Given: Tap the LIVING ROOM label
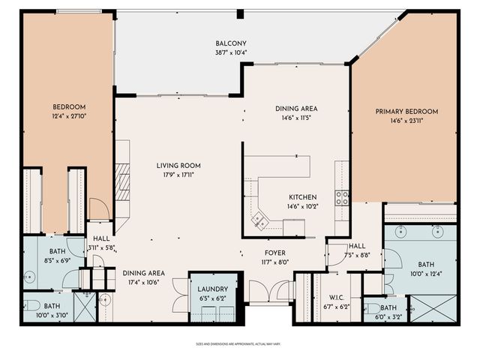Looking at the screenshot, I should pyautogui.click(x=178, y=166).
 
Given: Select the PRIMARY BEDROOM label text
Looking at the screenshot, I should pyautogui.click(x=406, y=112).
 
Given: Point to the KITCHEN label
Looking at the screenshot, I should pyautogui.click(x=303, y=196).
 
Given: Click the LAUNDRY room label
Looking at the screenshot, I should pyautogui.click(x=212, y=289).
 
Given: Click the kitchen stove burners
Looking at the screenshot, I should pyautogui.click(x=342, y=198).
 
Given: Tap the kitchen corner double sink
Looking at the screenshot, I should pyautogui.click(x=260, y=220).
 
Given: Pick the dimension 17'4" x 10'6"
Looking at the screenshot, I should pyautogui.click(x=145, y=283).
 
